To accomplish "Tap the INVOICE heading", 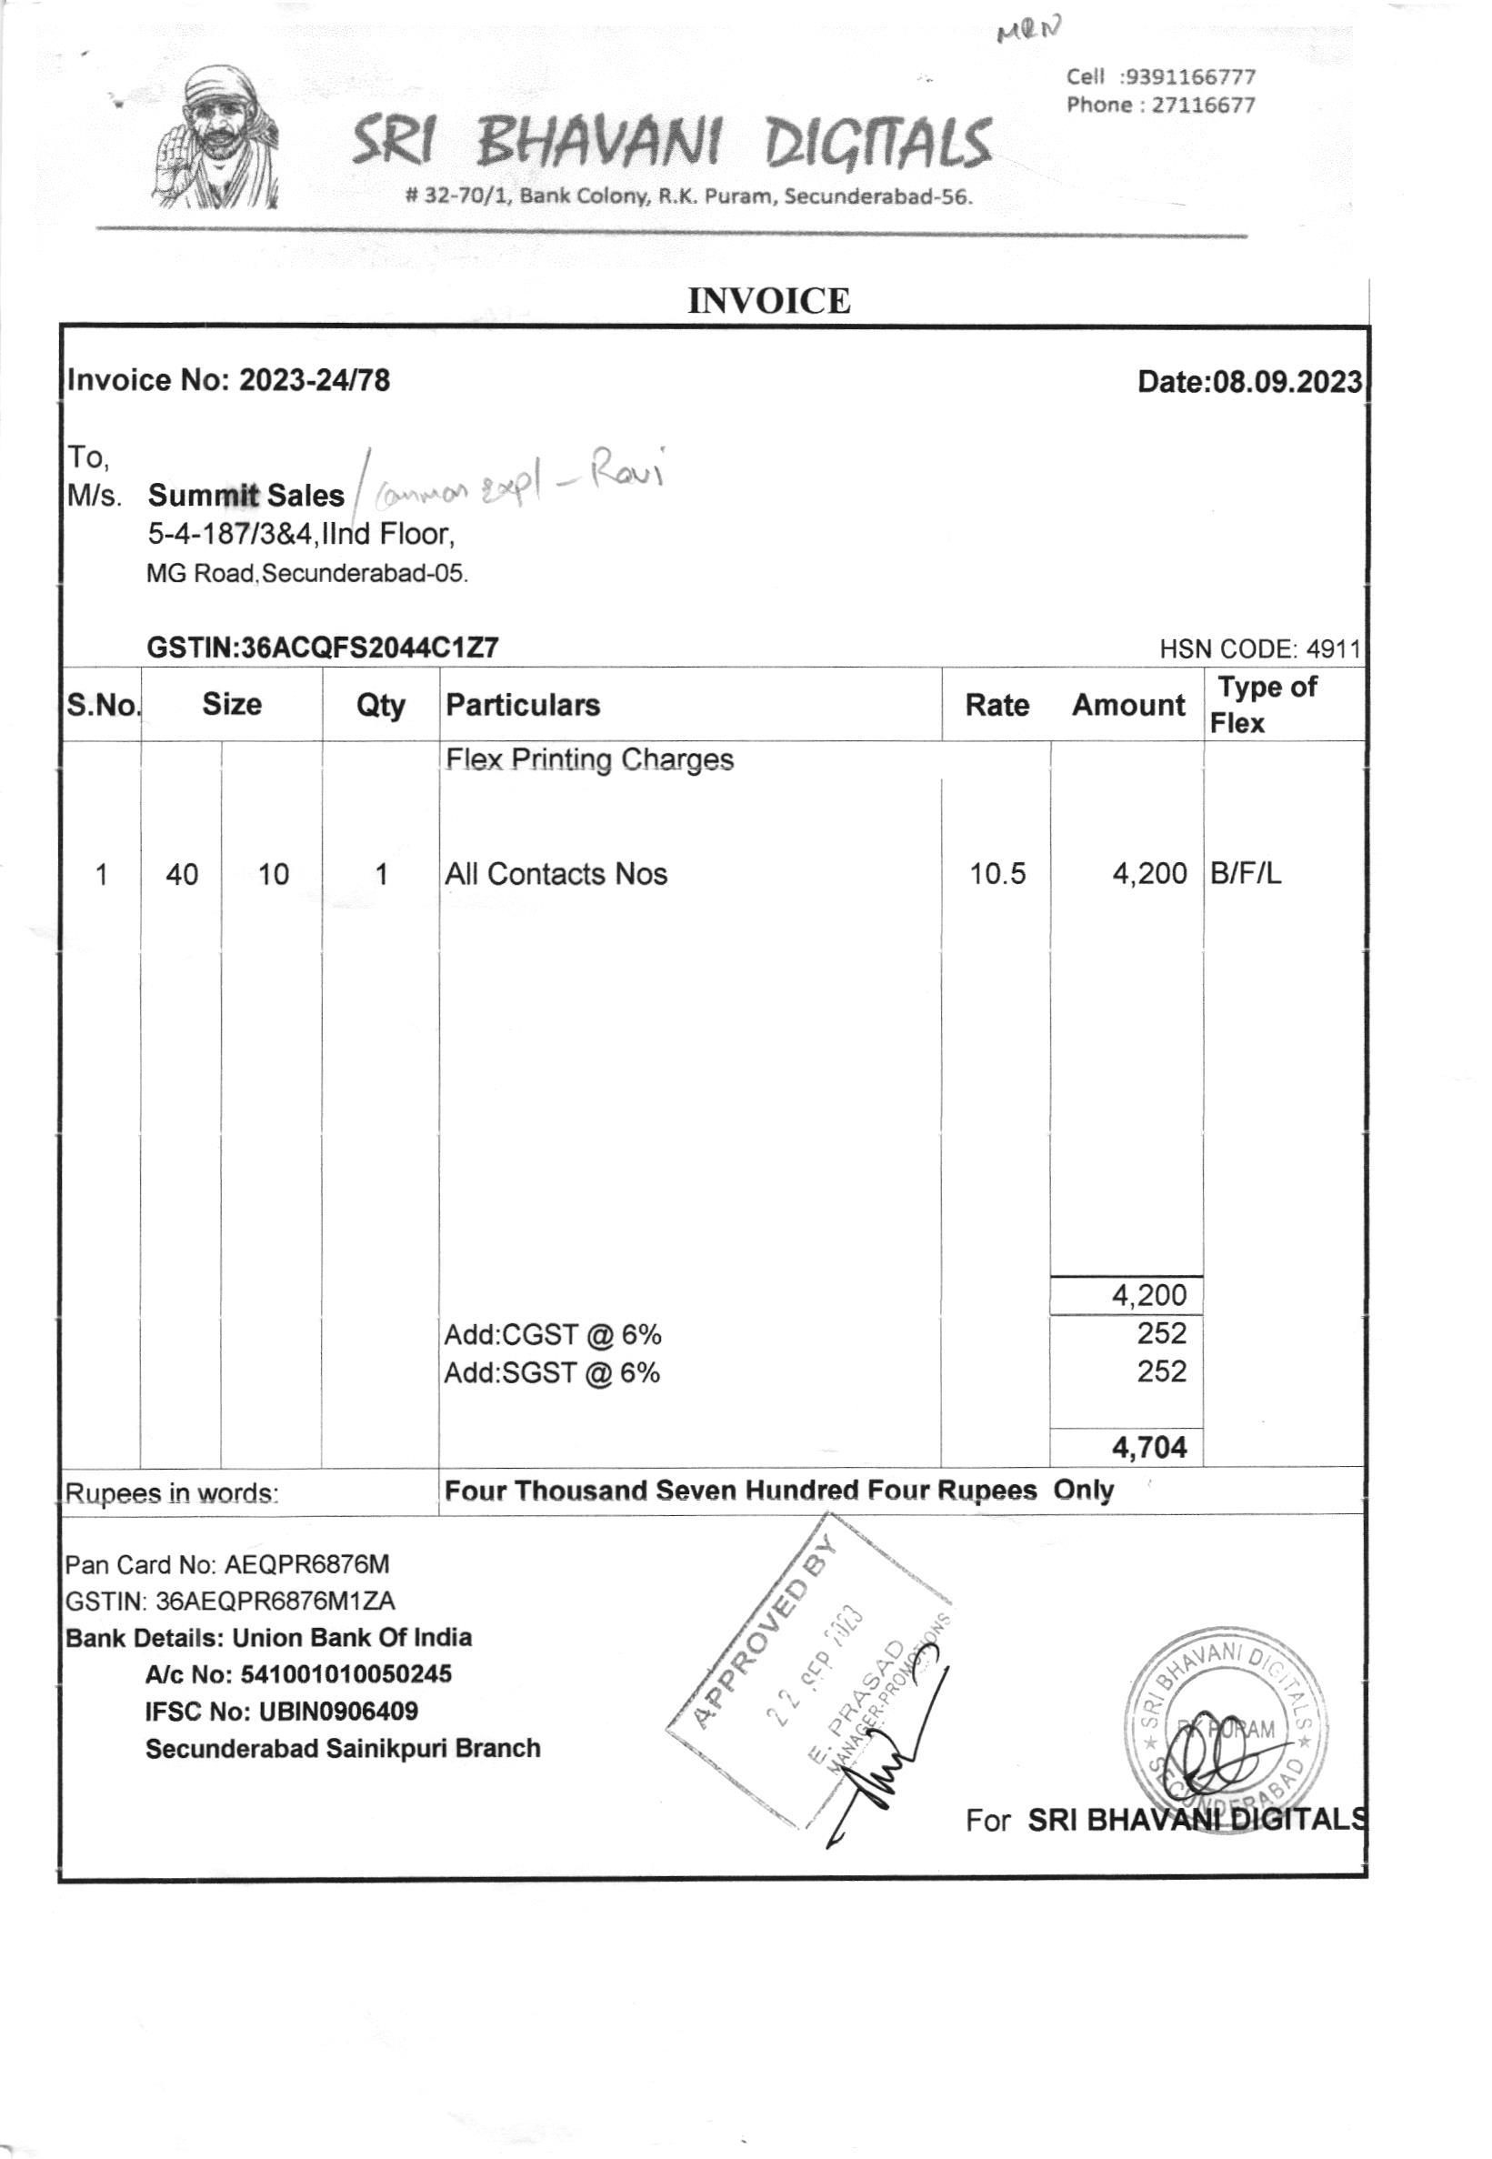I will pos(768,301).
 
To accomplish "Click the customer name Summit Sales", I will pos(245,495).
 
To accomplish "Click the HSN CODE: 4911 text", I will pos(1259,649).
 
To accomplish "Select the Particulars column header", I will pos(523,705).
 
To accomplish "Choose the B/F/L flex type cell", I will pos(1246,874).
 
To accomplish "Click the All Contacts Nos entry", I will pos(556,874).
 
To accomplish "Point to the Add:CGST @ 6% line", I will pos(553,1334).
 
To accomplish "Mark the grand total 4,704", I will pos(1149,1448).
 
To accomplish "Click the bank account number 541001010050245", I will pos(345,1672).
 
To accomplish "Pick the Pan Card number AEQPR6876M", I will pos(306,1564).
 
